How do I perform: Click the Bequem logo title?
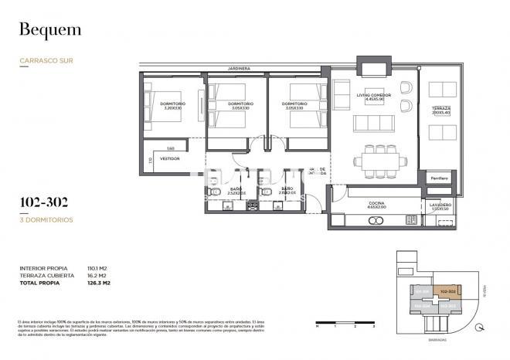(49, 31)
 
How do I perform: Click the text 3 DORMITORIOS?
(46, 219)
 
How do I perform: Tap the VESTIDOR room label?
(169, 158)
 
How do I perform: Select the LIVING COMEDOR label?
(373, 97)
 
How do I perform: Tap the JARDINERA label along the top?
(238, 69)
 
